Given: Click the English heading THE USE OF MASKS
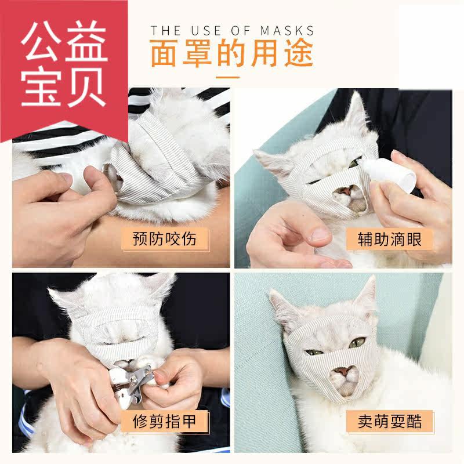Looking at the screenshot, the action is [x=232, y=31].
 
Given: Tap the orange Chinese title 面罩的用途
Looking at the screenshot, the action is [x=231, y=53].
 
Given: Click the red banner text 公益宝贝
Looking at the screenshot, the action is [x=64, y=64].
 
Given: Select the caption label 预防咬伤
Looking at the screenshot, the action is [x=165, y=239].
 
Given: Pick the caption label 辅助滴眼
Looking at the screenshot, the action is [x=389, y=239].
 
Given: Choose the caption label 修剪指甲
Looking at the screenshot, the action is [x=165, y=422].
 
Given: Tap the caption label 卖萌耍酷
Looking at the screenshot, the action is [x=389, y=422].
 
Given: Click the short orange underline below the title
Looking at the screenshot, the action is [x=227, y=78].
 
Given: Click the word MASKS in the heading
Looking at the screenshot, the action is [x=287, y=31].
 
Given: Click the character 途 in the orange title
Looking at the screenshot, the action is [x=299, y=53].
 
